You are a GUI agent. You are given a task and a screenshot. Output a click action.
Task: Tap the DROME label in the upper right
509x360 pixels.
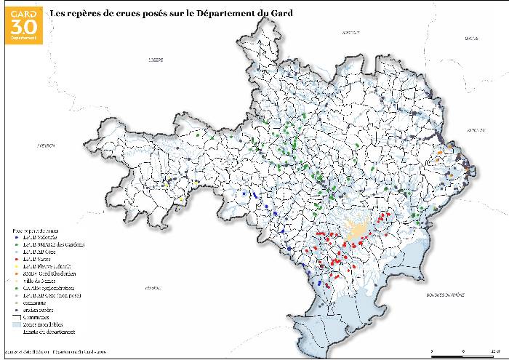465,37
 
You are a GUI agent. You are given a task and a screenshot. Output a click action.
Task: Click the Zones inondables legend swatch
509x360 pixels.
17,324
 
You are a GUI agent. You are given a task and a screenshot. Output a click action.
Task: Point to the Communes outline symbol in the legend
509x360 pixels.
17,317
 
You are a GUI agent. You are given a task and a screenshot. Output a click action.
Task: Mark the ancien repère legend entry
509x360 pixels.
41,311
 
